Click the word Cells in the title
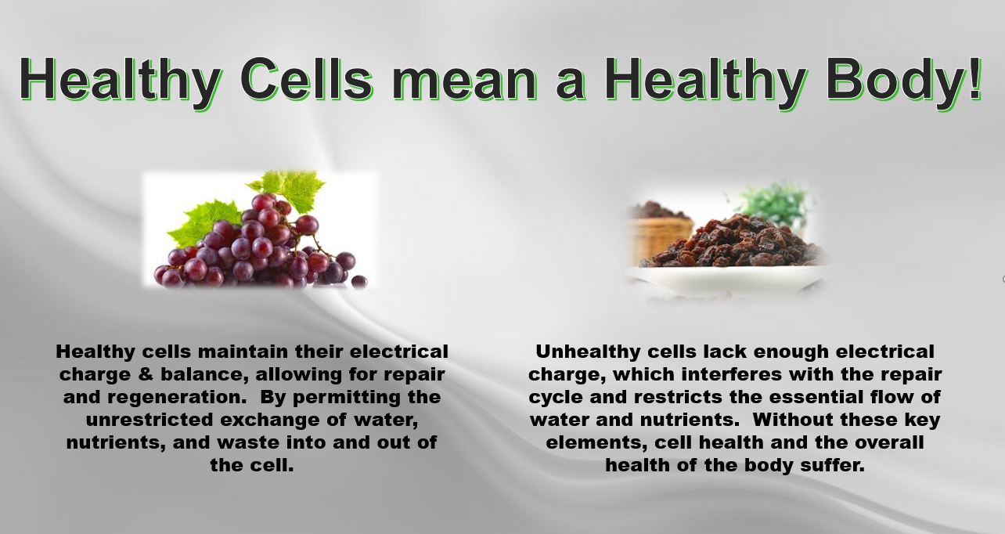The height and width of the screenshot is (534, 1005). click(307, 79)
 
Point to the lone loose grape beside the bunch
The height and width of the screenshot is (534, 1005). click(359, 281)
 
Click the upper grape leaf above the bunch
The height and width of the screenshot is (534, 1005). click(289, 188)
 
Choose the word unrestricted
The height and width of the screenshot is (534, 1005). click(149, 420)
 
